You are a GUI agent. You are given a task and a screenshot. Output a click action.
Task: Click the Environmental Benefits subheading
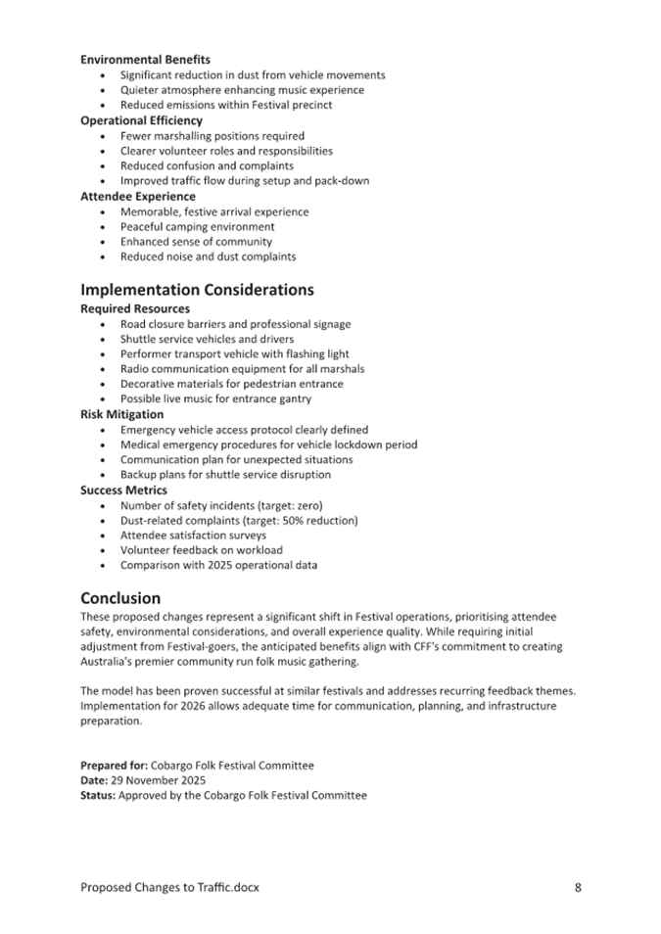(145, 60)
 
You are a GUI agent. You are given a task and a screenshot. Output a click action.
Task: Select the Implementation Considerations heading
(197, 290)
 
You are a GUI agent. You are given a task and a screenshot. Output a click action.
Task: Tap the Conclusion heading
(120, 598)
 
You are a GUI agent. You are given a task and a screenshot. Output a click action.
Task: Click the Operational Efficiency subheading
(141, 120)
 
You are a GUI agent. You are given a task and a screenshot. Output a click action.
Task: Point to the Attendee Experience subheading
(137, 196)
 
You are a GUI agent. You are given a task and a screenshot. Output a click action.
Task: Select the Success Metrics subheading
(123, 490)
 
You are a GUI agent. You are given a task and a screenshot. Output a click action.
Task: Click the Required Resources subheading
(135, 308)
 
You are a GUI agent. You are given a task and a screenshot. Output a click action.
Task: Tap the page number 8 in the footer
(578, 888)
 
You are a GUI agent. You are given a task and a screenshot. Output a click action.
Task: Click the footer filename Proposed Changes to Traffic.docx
(169, 888)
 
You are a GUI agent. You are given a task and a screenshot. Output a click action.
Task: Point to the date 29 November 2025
(158, 780)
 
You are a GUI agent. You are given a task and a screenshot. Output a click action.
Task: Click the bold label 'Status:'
(98, 796)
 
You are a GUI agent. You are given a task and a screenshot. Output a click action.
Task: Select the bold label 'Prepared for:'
(114, 766)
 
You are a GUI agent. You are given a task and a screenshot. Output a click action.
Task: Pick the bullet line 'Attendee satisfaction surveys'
(193, 536)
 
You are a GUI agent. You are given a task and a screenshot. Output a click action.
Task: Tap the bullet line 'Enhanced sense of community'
(196, 242)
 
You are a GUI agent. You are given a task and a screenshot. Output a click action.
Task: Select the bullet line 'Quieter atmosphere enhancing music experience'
(242, 90)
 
